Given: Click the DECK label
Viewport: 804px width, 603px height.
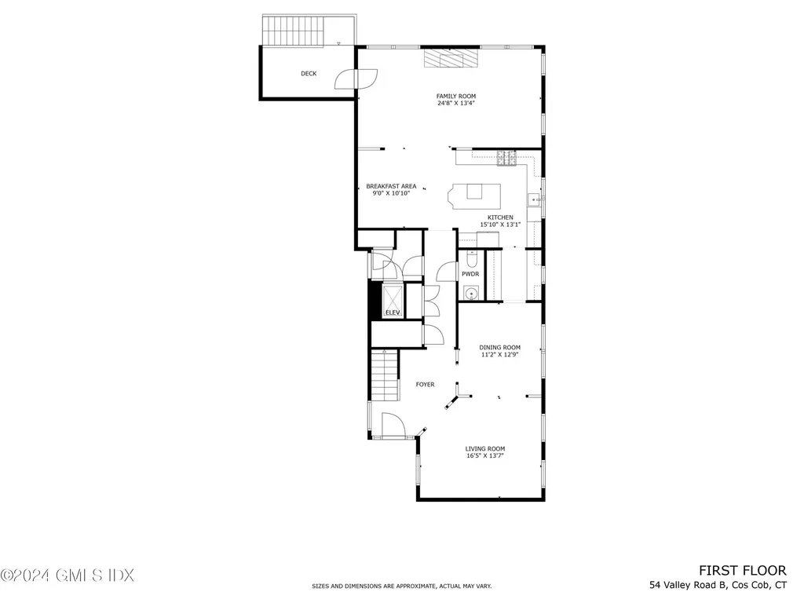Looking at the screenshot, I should coord(309,74).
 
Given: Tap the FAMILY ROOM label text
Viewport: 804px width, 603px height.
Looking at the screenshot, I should coord(456,97).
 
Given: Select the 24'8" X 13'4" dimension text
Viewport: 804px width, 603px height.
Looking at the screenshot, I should coord(456,104).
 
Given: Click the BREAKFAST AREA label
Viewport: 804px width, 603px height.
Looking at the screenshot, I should coord(391,186).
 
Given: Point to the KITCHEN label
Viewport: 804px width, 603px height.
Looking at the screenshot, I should coord(500,217).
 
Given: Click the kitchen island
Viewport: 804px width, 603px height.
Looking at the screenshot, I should coord(474,192).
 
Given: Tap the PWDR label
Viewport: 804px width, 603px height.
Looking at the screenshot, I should coord(470,274).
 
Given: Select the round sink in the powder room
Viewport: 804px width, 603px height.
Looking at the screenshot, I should coord(470,294).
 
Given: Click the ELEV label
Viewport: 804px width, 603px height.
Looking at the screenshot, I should coord(393,313).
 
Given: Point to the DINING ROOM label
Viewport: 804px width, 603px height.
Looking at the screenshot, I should coord(500,347).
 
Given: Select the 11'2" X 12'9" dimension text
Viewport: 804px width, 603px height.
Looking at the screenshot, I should coord(500,354).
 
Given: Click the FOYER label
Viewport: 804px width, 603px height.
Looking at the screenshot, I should coord(425,385).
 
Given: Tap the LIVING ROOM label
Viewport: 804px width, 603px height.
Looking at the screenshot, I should coord(484,448).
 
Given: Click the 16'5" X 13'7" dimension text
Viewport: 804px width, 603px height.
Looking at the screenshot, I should coord(484,455).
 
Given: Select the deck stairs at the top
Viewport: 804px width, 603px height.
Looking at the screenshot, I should coord(292,31).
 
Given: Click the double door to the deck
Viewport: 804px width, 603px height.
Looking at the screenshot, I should coord(355,78).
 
